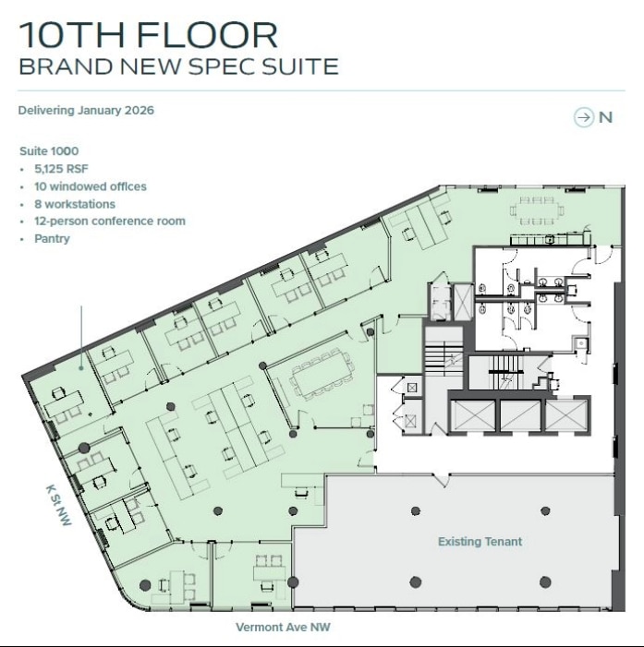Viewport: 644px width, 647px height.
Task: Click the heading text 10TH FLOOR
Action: click(148, 35)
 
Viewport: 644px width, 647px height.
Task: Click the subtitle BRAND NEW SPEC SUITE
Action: click(178, 67)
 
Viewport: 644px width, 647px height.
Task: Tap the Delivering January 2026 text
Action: click(86, 111)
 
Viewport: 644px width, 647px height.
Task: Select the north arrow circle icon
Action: click(583, 117)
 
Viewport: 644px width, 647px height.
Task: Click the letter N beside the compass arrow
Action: click(606, 117)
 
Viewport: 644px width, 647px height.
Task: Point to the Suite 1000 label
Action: click(49, 150)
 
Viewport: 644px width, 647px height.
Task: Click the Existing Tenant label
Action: click(480, 542)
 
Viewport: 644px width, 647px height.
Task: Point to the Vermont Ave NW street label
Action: click(282, 628)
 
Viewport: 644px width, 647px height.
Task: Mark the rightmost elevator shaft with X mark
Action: click(566, 415)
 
